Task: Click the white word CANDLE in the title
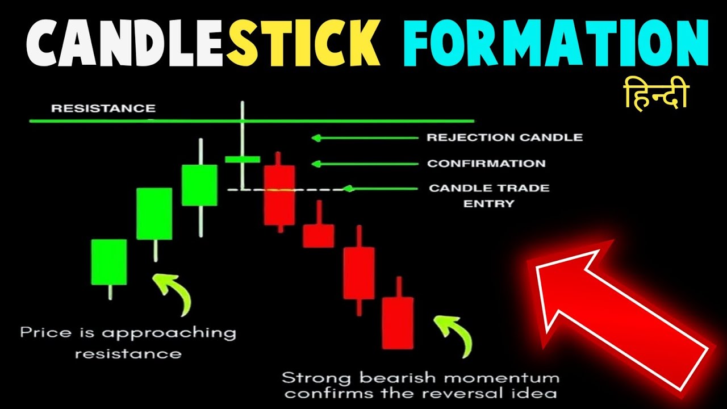click(117, 43)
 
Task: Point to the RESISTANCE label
click(103, 108)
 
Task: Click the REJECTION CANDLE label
click(504, 137)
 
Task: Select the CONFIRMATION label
click(486, 164)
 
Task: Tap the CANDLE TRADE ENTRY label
click(489, 195)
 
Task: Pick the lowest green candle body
click(109, 262)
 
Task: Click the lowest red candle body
click(398, 323)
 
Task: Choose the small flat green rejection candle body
click(242, 159)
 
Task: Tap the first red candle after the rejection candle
click(279, 195)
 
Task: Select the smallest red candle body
click(318, 236)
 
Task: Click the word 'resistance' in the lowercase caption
click(128, 353)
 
